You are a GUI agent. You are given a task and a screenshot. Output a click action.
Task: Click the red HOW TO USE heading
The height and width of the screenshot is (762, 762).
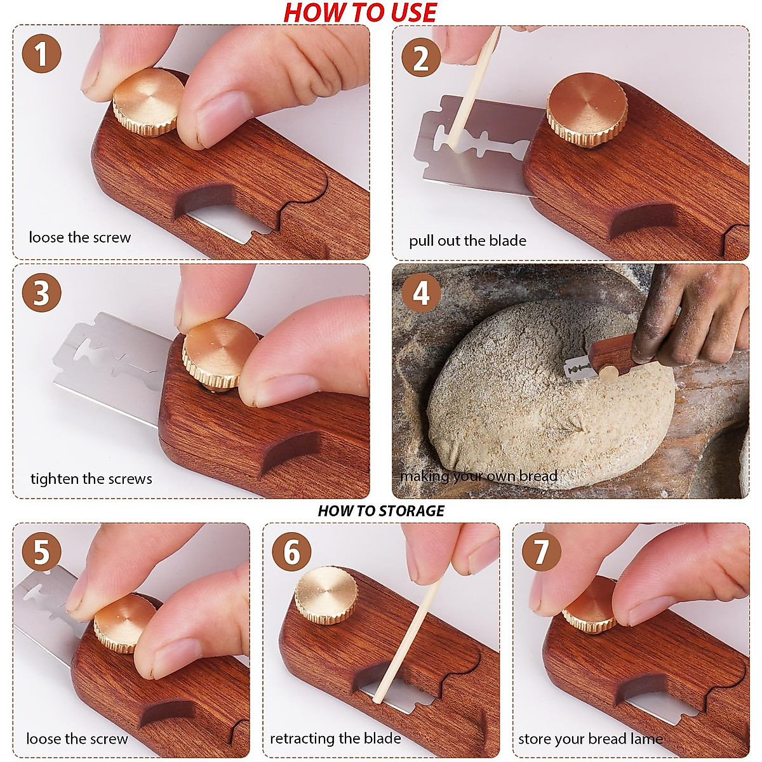[x=360, y=13]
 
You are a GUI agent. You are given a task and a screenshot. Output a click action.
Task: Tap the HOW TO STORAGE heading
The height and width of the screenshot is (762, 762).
[x=381, y=511]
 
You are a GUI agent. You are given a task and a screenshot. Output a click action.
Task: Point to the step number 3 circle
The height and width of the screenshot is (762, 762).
[x=41, y=293]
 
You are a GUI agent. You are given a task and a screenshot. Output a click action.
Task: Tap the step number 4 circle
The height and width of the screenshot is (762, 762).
[x=421, y=293]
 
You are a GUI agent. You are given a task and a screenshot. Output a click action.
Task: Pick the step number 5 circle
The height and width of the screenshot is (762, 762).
[x=41, y=551]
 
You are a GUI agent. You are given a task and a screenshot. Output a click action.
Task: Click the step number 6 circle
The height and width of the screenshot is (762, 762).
[x=291, y=551]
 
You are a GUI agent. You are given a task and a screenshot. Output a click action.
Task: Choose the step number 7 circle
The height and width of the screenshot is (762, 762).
[x=541, y=551]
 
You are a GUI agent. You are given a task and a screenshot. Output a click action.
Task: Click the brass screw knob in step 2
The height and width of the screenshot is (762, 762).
[x=587, y=110]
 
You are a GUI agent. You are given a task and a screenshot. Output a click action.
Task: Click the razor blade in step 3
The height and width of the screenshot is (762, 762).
[x=111, y=368]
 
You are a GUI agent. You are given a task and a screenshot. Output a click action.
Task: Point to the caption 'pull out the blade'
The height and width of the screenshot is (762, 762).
[x=467, y=241]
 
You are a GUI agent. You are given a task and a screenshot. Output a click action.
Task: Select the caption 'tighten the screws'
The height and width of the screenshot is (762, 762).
[x=91, y=479]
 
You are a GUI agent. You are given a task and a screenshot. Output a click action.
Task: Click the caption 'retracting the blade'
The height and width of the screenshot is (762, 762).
[x=335, y=739]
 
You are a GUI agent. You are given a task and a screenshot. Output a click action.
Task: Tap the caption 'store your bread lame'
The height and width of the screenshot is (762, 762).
[x=591, y=739]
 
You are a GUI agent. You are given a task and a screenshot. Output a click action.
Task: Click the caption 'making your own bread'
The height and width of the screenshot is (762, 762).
[x=479, y=476]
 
